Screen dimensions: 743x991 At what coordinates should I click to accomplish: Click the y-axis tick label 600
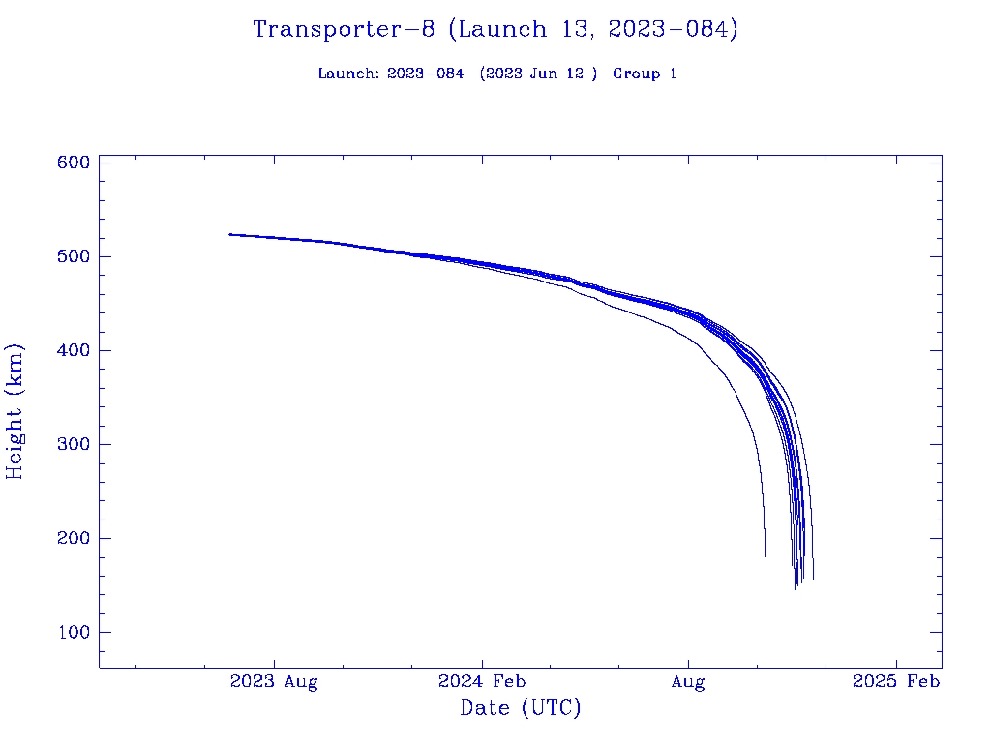pyautogui.click(x=74, y=163)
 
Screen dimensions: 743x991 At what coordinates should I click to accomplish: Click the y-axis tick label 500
pyautogui.click(x=74, y=256)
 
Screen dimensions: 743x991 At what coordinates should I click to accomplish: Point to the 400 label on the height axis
pyautogui.click(x=74, y=350)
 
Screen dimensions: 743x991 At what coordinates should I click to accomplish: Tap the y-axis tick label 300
pyautogui.click(x=74, y=444)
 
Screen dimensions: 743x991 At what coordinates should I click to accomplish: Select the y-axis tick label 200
pyautogui.click(x=74, y=538)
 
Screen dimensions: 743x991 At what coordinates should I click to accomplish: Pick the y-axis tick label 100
pyautogui.click(x=74, y=632)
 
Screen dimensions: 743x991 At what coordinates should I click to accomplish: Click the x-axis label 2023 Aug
pyautogui.click(x=274, y=682)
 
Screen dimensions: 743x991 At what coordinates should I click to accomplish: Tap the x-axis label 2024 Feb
pyautogui.click(x=481, y=682)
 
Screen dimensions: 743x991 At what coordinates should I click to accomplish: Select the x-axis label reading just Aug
pyautogui.click(x=688, y=682)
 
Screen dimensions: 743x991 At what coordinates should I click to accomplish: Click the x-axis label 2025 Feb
pyautogui.click(x=895, y=682)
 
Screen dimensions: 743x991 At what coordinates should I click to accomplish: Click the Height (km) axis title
pyautogui.click(x=15, y=411)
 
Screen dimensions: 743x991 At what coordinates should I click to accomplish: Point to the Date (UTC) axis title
pyautogui.click(x=521, y=709)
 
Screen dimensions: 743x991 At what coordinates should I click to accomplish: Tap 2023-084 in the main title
pyautogui.click(x=672, y=30)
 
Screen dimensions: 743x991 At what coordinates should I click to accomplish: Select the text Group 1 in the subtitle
pyautogui.click(x=645, y=74)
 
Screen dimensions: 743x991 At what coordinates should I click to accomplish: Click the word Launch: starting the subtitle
pyautogui.click(x=348, y=74)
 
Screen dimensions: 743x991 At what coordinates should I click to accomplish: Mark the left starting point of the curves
pyautogui.click(x=229, y=234)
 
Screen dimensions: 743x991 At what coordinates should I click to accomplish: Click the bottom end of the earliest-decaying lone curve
pyautogui.click(x=765, y=556)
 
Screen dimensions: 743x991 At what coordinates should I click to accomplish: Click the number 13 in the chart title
pyautogui.click(x=578, y=30)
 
